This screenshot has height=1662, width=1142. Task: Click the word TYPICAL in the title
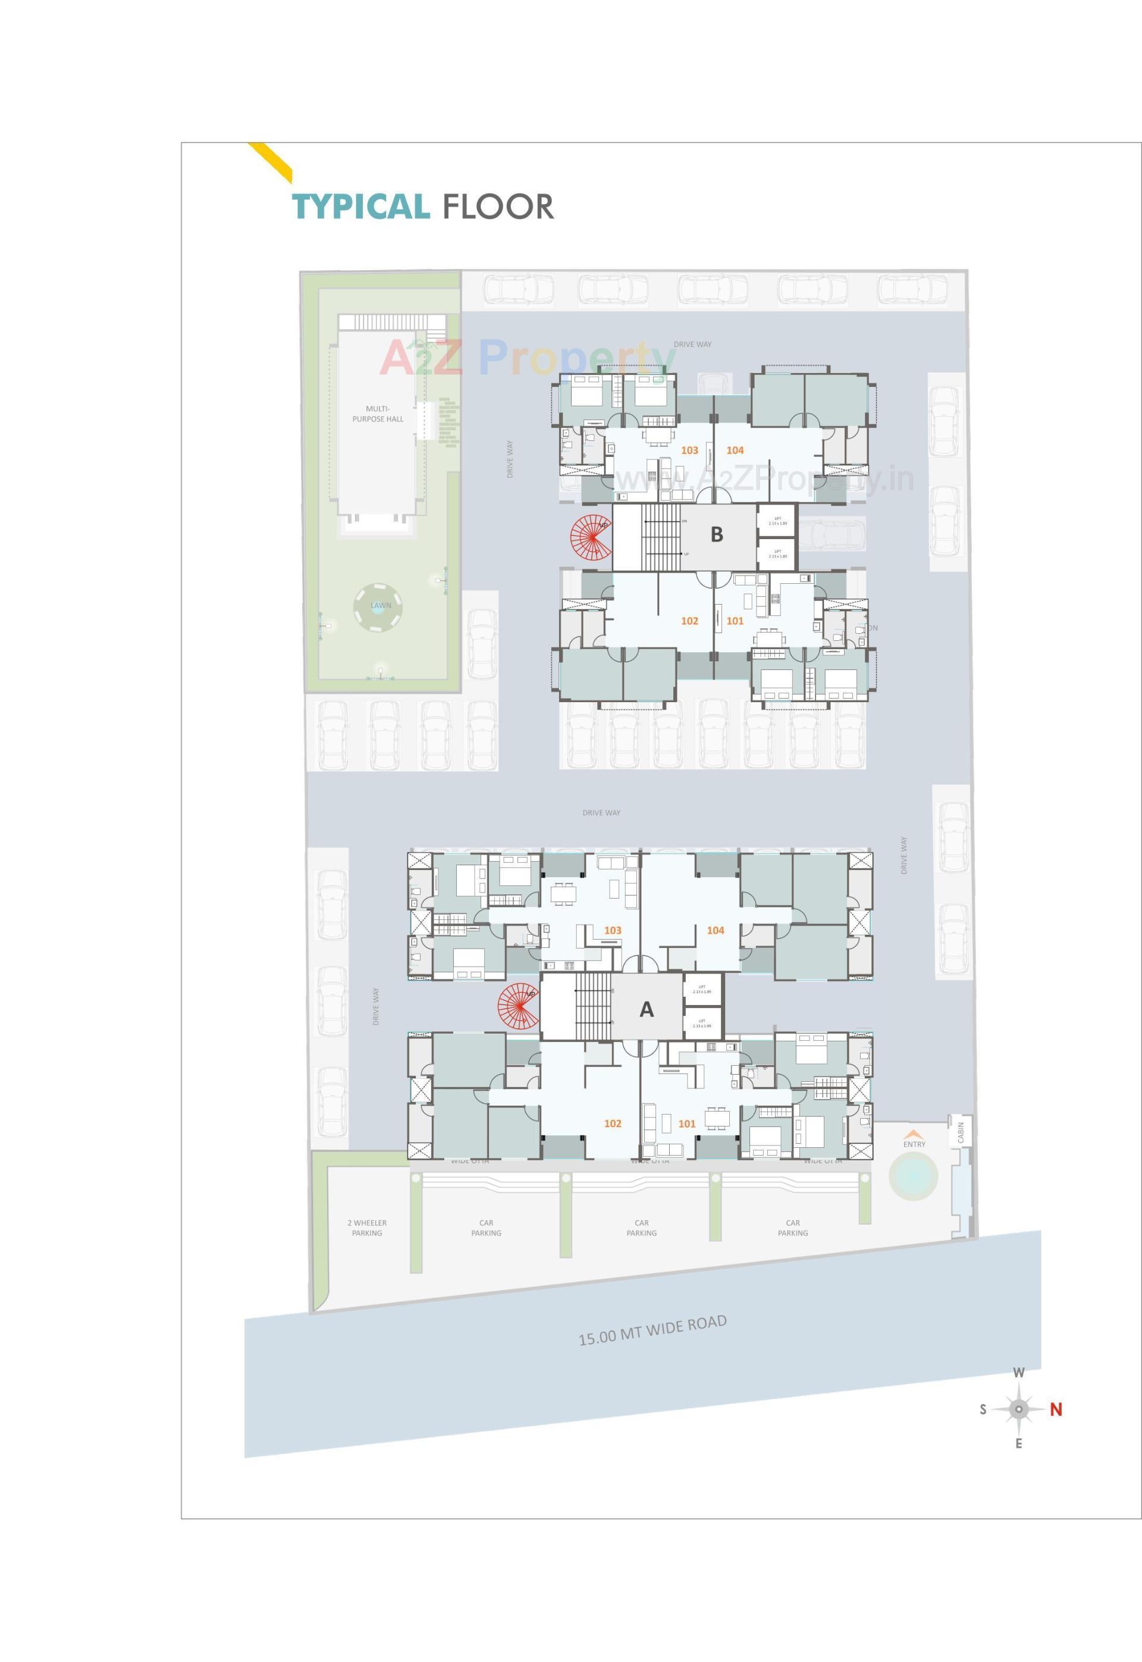click(x=360, y=207)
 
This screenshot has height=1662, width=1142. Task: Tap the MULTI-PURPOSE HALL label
click(x=377, y=414)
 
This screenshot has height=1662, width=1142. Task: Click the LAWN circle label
click(x=380, y=606)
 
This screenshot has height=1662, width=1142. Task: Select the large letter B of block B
click(x=716, y=535)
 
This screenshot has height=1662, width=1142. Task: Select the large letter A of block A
click(x=646, y=1009)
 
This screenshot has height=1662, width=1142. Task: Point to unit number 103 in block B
click(x=689, y=450)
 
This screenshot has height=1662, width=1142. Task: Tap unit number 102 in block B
click(x=689, y=621)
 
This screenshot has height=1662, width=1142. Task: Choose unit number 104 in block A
click(x=715, y=931)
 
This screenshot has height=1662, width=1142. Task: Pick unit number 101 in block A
click(x=686, y=1123)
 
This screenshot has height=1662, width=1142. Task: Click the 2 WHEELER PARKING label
click(x=366, y=1228)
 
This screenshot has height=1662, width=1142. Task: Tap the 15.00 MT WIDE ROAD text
click(x=652, y=1331)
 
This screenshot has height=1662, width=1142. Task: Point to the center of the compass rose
click(x=1019, y=1409)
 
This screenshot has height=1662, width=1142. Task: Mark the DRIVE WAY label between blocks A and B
click(x=601, y=813)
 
